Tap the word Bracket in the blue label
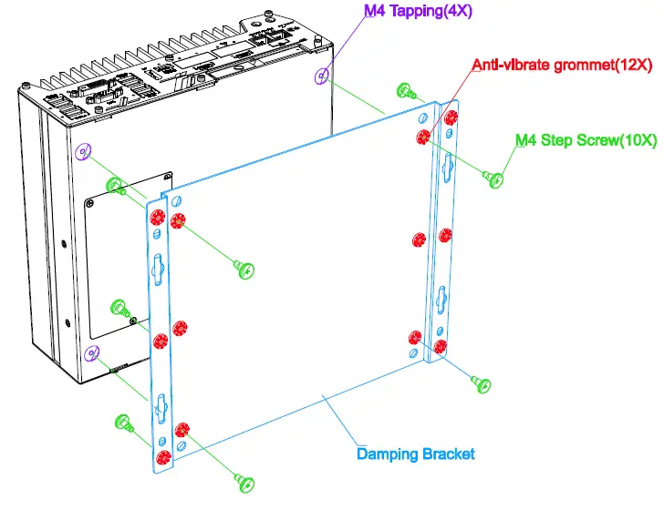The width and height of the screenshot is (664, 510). [x=447, y=454]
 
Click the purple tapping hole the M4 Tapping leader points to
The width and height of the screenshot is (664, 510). [x=320, y=76]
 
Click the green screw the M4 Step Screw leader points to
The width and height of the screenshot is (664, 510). [x=496, y=178]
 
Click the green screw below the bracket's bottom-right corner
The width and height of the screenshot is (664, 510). [x=483, y=384]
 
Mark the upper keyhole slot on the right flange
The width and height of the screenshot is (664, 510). [x=446, y=165]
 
